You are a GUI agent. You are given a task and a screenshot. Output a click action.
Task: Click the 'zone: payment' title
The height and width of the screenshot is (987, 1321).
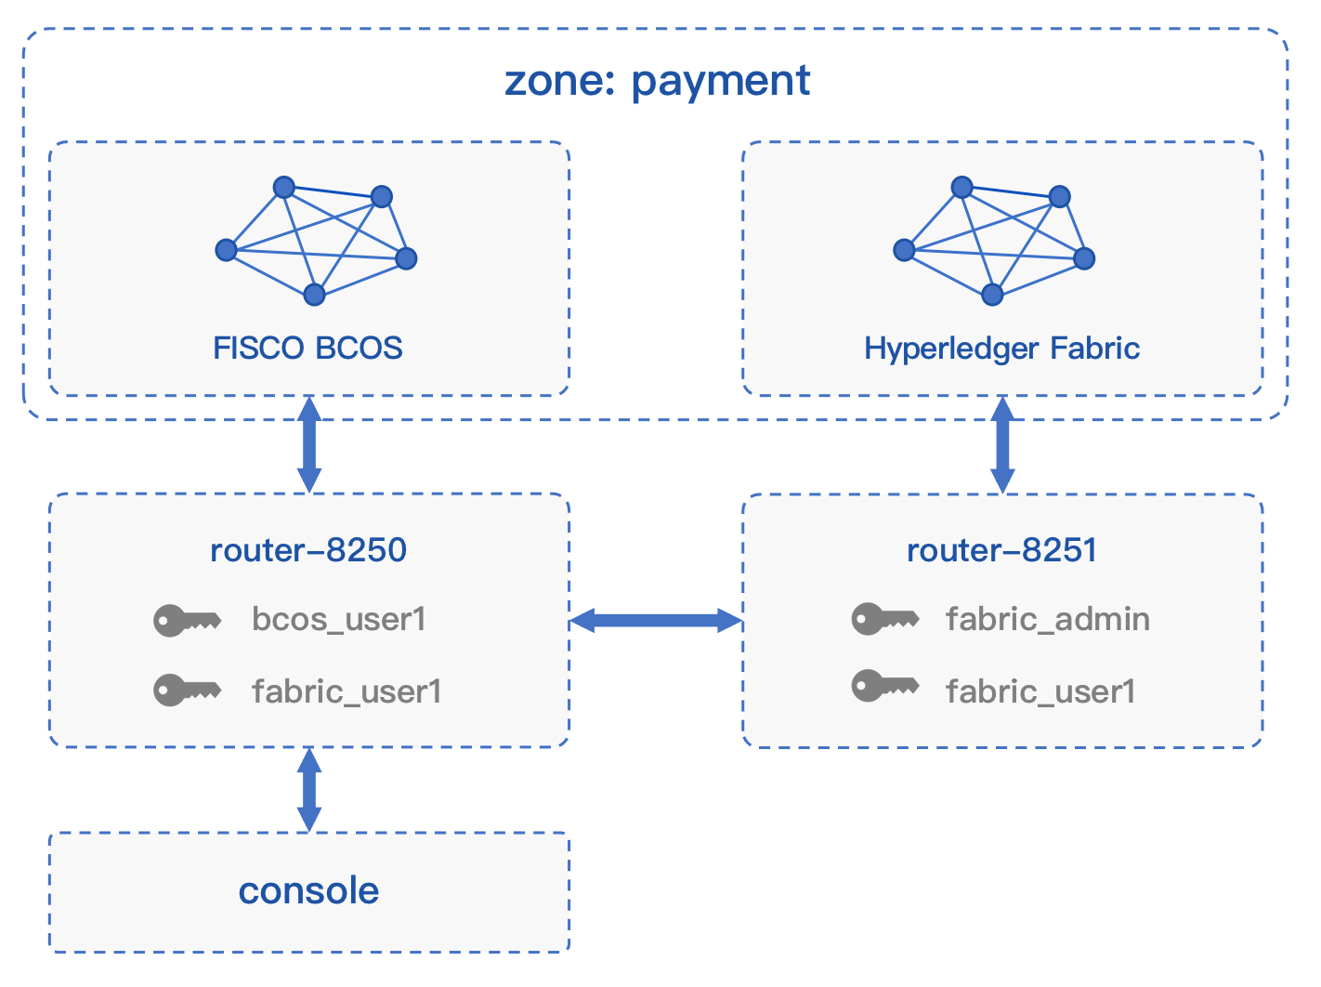(657, 81)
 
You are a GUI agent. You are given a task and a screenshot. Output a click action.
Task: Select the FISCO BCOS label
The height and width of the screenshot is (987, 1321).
(307, 348)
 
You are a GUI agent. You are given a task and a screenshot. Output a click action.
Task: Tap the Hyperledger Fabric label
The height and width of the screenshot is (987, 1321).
(1001, 349)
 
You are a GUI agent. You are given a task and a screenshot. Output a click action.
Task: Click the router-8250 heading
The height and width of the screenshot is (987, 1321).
(308, 550)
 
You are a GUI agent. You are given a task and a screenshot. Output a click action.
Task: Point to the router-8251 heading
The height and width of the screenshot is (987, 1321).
(1001, 550)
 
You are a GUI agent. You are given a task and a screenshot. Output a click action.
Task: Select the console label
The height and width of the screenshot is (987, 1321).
(308, 890)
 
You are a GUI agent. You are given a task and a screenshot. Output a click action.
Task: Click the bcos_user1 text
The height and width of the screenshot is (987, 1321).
(339, 620)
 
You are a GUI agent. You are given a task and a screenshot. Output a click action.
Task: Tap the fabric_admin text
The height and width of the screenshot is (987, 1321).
(1048, 619)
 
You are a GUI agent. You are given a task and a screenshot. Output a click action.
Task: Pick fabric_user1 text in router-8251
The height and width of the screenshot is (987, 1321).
(1040, 691)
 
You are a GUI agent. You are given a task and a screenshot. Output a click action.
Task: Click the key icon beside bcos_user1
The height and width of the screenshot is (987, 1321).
(187, 621)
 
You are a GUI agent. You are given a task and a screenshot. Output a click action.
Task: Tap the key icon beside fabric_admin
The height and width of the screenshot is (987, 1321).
(885, 619)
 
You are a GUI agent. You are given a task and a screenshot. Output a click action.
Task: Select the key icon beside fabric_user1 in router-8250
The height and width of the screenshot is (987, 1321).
(187, 691)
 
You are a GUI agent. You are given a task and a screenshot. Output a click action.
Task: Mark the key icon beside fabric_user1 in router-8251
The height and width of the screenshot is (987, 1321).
(885, 686)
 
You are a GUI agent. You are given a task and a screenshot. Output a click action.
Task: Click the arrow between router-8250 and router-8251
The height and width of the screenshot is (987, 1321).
(656, 621)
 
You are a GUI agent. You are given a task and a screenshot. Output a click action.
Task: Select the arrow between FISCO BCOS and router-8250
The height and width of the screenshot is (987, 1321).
(309, 445)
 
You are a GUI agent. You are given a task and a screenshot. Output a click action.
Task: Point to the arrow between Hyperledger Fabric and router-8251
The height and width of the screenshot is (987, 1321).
(1002, 445)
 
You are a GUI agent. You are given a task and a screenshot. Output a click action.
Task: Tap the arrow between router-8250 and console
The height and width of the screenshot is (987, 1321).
(309, 790)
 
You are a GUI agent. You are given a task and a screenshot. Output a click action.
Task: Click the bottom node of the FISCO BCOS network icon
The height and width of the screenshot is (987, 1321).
(314, 295)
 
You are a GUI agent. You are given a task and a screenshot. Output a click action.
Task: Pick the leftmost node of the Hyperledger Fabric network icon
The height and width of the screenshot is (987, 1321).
(904, 250)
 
